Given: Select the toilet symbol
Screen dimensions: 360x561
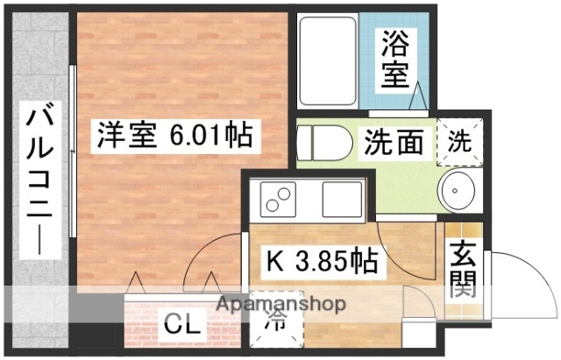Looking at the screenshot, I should point(317,142).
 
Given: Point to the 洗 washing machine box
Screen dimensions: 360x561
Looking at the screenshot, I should point(458,138).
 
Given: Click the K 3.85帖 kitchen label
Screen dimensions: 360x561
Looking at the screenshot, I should point(322,260).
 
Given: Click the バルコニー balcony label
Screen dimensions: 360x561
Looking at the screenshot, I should point(39,179).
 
